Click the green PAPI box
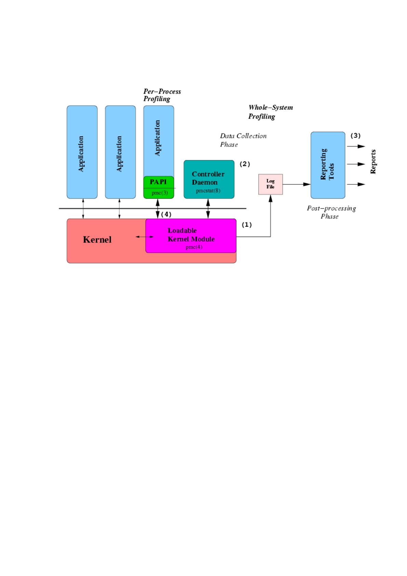pos(159,187)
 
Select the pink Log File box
pos(271,184)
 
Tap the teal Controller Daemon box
pos(209,179)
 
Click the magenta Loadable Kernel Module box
pos(191,236)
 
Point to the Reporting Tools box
pos(328,165)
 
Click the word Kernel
pos(97,240)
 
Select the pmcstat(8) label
pos(208,191)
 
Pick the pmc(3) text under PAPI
pos(160,193)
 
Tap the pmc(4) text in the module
pos(194,247)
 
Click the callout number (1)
pos(247,224)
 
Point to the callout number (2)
pos(245,164)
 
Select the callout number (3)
pos(356,135)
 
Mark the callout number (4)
pos(166,214)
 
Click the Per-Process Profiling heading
pos(162,95)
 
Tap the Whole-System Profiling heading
pos(271,112)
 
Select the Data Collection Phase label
pos(243,140)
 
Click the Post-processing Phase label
pos(331,212)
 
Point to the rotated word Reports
pos(373,161)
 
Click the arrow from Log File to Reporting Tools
pos(297,184)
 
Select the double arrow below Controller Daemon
pos(208,209)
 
